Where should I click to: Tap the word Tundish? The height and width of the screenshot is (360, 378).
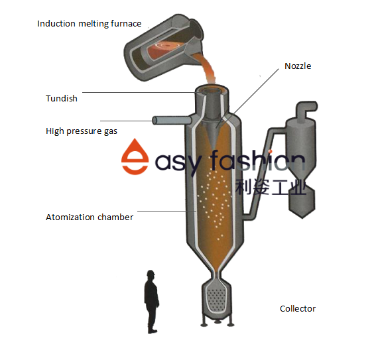coord(62,99)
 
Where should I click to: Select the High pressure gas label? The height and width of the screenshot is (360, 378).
coord(82,131)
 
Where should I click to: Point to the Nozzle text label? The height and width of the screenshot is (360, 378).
coord(298,66)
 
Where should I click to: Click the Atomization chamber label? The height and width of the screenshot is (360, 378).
coord(90,217)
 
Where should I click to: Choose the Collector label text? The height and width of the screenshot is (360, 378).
coord(298,308)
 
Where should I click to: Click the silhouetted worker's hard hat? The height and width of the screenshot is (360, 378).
coord(151,272)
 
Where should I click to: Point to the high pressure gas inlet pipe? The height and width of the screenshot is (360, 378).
coord(170,120)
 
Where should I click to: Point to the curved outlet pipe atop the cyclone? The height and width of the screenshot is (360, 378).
coord(302,108)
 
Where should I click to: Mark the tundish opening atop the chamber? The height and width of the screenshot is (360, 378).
coord(212,92)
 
